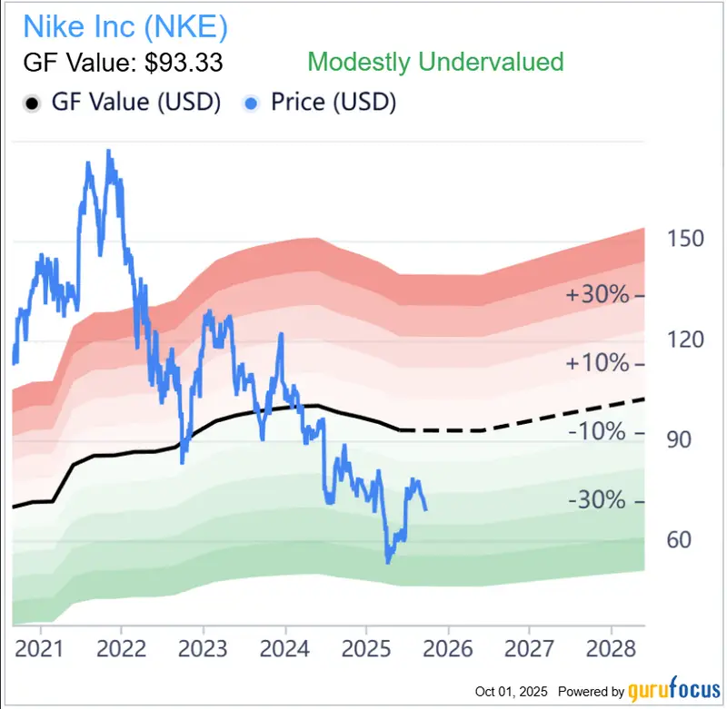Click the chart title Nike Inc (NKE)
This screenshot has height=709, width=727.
125,26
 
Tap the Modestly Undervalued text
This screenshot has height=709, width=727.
435,62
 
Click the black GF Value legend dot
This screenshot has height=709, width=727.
31,103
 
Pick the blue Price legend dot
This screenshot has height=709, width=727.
255,103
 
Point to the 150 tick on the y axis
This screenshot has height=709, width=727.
685,239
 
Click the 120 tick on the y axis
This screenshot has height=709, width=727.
685,340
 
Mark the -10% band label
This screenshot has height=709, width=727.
597,433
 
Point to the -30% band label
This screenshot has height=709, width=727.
597,501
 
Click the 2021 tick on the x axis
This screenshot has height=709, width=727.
40,649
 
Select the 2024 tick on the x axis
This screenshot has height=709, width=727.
284,649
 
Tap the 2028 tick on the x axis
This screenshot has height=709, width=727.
611,649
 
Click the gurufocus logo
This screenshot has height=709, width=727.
672,691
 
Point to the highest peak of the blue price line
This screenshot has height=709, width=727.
109,152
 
